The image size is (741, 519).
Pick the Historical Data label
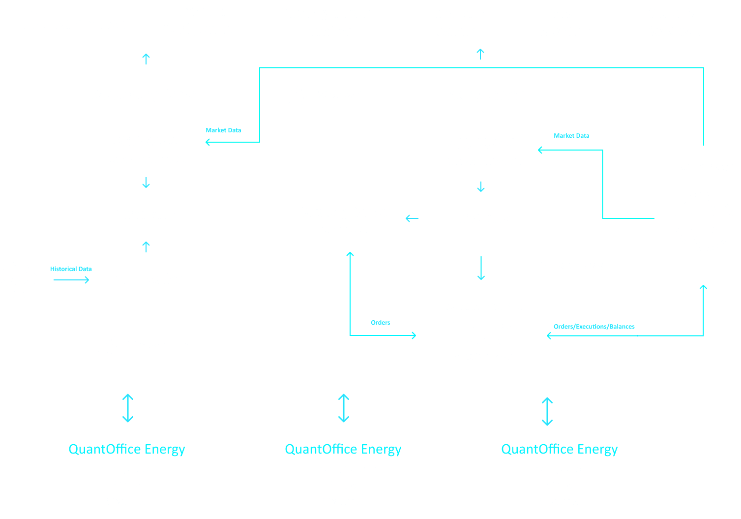pyautogui.click(x=71, y=269)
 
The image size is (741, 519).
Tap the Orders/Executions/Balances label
pyautogui.click(x=594, y=327)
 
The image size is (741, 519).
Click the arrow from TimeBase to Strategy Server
pyautogui.click(x=412, y=218)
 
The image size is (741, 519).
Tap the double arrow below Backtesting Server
pyautogui.click(x=128, y=408)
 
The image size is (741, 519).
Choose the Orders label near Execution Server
pyautogui.click(x=381, y=323)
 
